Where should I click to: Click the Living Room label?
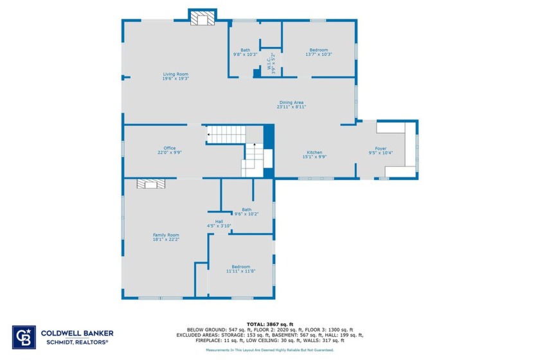point(175,75)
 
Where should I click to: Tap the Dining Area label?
point(291,102)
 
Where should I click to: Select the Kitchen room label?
point(314,152)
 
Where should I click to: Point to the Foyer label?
point(381,148)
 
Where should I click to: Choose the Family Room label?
point(165,235)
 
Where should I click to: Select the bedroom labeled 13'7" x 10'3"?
point(318,50)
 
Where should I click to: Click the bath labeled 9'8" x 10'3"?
point(245,50)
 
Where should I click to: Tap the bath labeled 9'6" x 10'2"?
point(247,210)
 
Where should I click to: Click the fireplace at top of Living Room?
point(203,19)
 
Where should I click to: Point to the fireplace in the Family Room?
point(151,184)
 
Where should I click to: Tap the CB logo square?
point(23,337)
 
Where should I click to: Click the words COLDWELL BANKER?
point(77,333)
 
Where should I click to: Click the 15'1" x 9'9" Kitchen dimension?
point(314,157)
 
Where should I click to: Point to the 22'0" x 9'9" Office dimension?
point(152,153)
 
